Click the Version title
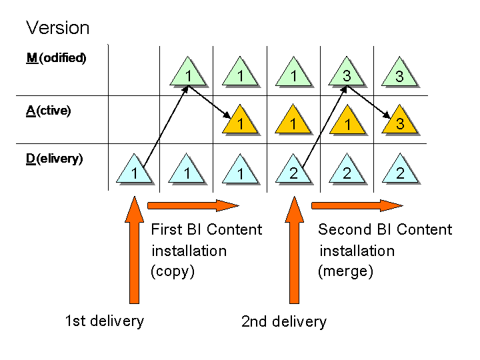click(x=57, y=28)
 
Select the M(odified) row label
click(x=56, y=58)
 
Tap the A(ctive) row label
click(x=48, y=111)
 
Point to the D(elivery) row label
click(x=54, y=159)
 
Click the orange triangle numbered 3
click(x=400, y=122)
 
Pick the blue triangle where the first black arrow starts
click(x=134, y=171)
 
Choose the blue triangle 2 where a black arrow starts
click(x=294, y=171)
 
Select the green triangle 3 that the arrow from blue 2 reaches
click(x=347, y=75)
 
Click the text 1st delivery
click(x=104, y=321)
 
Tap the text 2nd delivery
click(x=284, y=322)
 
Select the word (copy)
click(x=173, y=271)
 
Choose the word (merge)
click(x=345, y=271)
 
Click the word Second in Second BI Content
click(x=343, y=230)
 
